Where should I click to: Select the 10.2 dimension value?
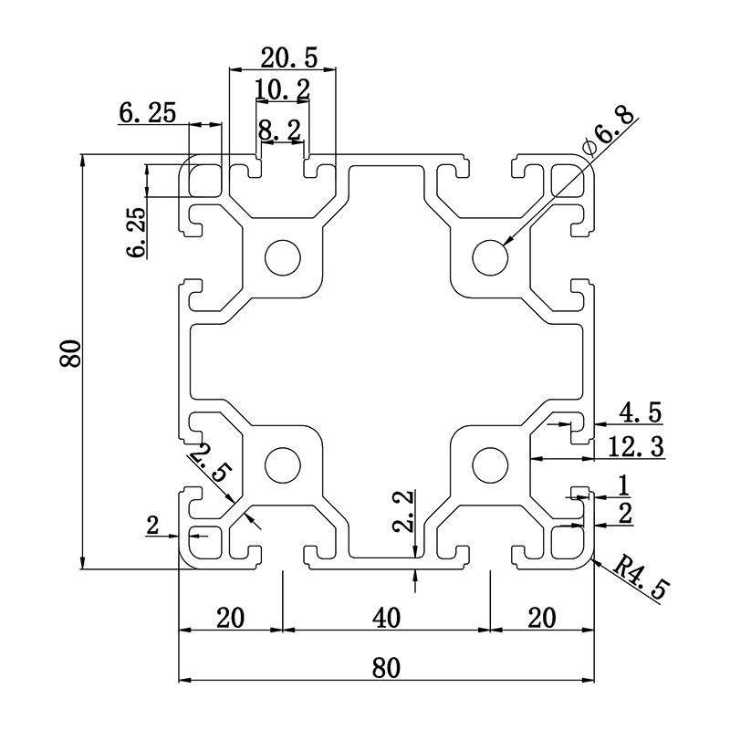tap(282, 89)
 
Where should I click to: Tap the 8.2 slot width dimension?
tap(279, 131)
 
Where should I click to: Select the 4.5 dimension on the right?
tap(641, 412)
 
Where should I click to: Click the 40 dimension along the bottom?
tap(387, 618)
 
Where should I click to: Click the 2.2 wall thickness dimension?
tap(404, 514)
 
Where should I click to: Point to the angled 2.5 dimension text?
tap(211, 460)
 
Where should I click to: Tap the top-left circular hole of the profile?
tap(283, 257)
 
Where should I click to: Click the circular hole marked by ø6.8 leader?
tap(491, 257)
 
